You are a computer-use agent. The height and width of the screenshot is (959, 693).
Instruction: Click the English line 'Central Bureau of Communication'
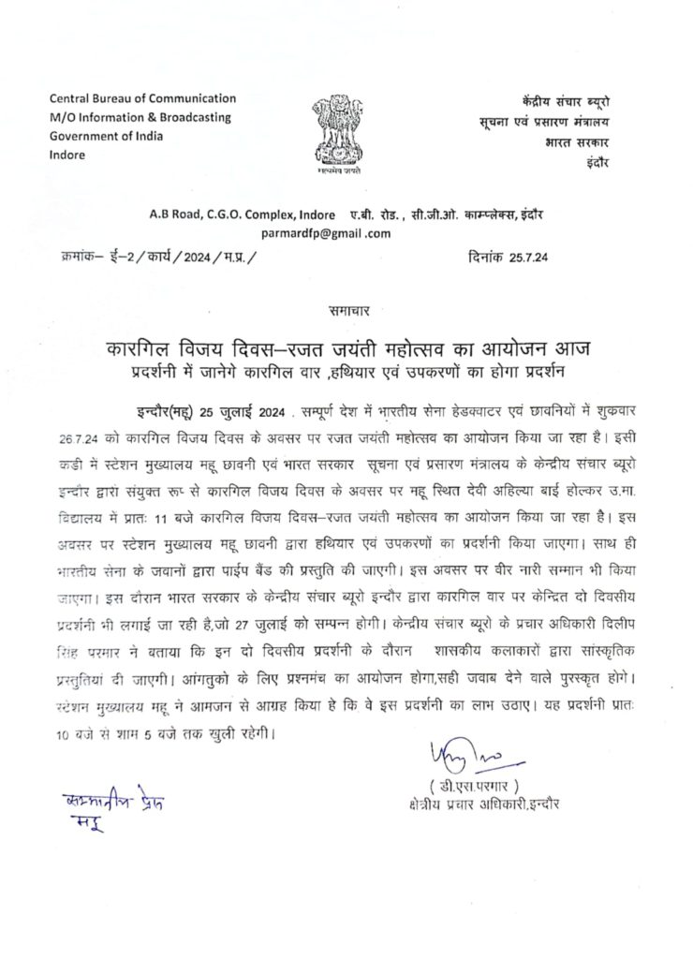click(x=142, y=98)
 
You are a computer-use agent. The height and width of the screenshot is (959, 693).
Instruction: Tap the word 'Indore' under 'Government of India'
click(x=66, y=155)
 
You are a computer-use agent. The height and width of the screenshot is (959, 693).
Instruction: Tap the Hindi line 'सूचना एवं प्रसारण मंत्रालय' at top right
click(x=538, y=121)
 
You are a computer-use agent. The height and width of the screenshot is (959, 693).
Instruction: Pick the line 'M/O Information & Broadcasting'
click(x=140, y=117)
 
